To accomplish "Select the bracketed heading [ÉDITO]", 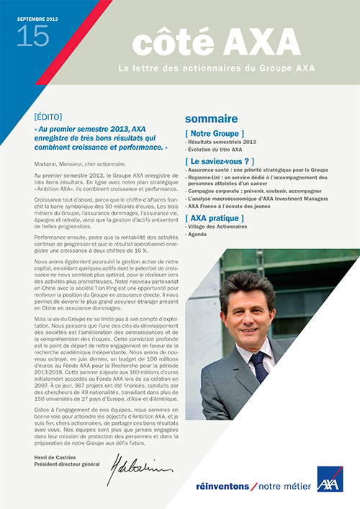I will tap(48, 117).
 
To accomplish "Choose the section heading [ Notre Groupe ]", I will tap(215, 134).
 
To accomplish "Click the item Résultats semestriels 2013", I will tap(215, 143).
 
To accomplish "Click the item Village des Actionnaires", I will tap(217, 228).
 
